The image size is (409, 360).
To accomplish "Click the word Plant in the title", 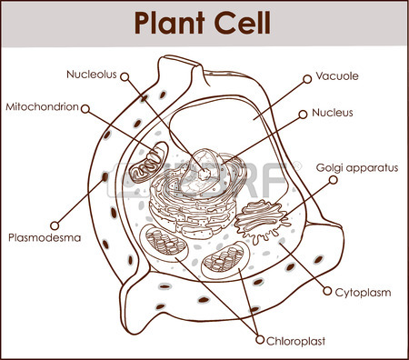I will [x=171, y=22].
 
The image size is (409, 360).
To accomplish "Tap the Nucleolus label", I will [x=91, y=74].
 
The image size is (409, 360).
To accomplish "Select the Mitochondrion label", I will [x=42, y=106].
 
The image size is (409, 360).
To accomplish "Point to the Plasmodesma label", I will [x=45, y=238].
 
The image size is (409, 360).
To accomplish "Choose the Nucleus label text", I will [x=332, y=114].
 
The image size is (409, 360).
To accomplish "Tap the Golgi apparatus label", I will [x=357, y=168].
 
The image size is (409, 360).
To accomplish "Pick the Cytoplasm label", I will [x=364, y=293].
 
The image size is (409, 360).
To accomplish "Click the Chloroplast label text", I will [x=296, y=342].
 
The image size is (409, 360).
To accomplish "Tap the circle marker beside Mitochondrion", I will [x=85, y=107].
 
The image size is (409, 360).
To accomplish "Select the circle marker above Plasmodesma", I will [x=55, y=223].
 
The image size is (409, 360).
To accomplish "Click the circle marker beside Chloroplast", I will [x=259, y=342].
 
